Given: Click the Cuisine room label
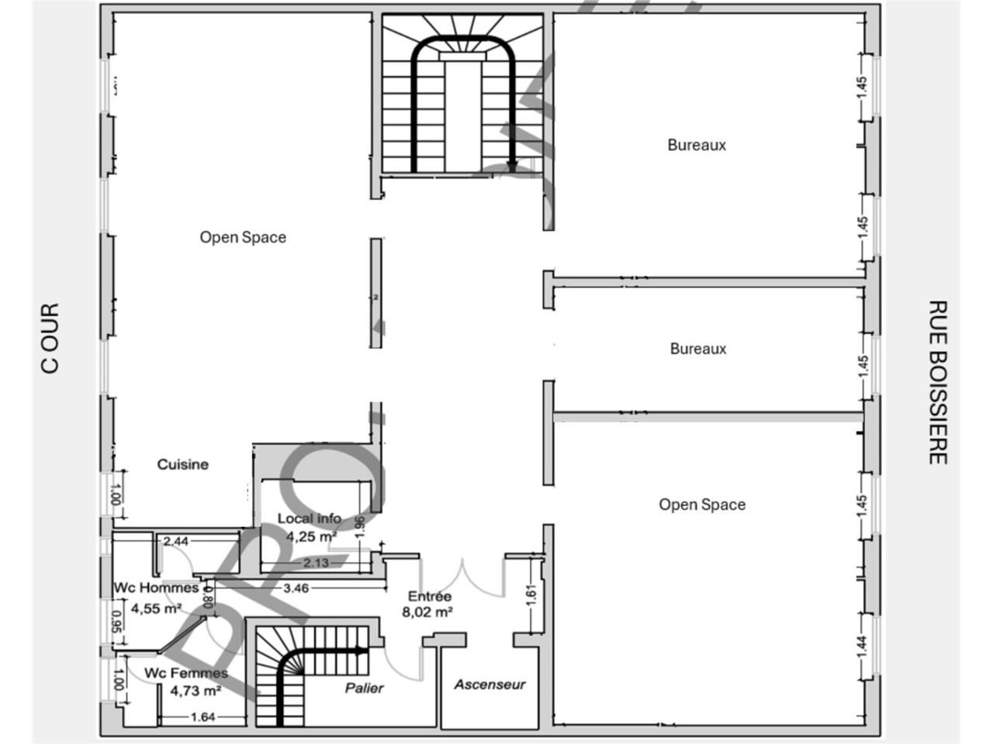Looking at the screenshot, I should point(183,464).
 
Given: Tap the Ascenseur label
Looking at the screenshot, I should point(490,684).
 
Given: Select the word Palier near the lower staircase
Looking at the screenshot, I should point(365,687).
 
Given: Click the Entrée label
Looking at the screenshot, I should point(430,596).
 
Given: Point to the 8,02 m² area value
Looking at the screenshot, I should point(427,611).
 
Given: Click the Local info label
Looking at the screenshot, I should point(310,518).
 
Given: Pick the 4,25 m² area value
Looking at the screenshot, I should point(311,536).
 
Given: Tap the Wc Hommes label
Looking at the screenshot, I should point(156,588).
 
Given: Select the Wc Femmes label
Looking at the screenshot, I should point(186,673).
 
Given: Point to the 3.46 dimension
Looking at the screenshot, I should point(296,588).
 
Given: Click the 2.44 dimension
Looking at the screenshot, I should point(175,542).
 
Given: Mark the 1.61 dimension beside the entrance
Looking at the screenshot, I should point(531,593).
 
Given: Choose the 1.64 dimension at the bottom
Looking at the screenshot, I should point(202,717).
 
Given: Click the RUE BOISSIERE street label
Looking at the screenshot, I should point(938,383).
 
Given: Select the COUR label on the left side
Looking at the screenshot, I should point(50,338).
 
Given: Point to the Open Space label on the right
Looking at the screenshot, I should point(702,505).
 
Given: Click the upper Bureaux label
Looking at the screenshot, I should point(697,145).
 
